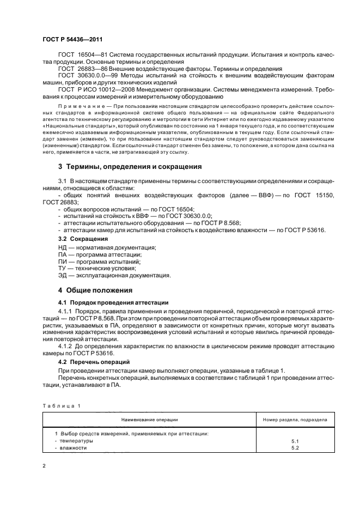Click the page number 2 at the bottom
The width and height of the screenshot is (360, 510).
point(44,466)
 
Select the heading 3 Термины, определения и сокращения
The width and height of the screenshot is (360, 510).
point(130,166)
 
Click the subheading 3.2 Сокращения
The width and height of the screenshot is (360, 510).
point(83,239)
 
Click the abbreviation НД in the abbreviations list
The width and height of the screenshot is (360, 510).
point(63,247)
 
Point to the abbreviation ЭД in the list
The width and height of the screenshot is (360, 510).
point(63,275)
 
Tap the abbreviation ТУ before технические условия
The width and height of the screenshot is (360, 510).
point(62,268)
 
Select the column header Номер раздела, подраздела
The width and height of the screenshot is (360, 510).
point(295,420)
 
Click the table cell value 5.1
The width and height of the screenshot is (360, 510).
point(295,440)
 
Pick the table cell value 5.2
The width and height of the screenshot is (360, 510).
point(295,447)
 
